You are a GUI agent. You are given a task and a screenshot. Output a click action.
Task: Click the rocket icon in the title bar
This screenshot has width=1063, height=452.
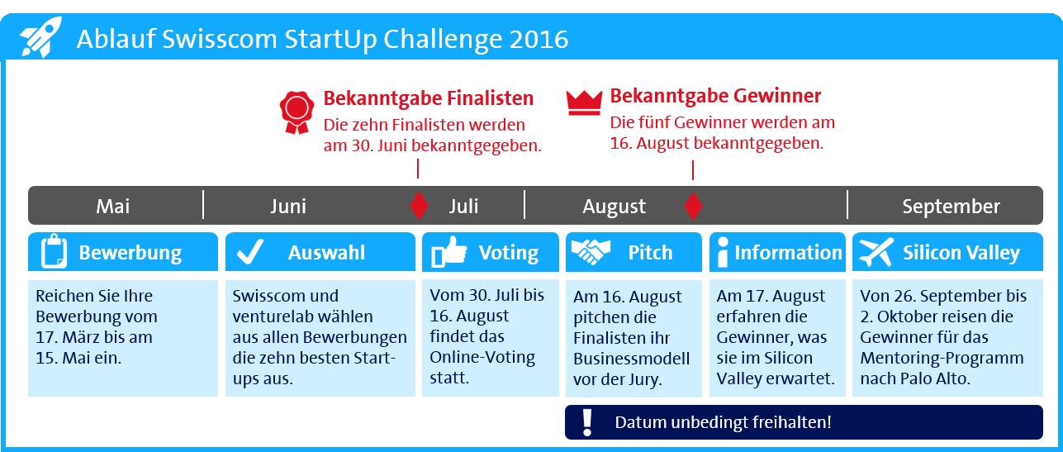pyautogui.click(x=40, y=37)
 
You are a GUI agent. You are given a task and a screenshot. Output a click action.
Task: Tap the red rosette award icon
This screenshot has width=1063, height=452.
pyautogui.click(x=297, y=112)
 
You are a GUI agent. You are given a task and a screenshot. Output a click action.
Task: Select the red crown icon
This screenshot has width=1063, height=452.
pyautogui.click(x=584, y=102)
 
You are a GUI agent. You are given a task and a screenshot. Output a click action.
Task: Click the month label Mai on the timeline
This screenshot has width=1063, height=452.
pyautogui.click(x=113, y=206)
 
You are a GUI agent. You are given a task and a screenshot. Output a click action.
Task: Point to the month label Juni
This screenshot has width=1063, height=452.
pyautogui.click(x=288, y=206)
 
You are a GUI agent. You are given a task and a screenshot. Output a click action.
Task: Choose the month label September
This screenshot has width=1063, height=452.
pyautogui.click(x=951, y=207)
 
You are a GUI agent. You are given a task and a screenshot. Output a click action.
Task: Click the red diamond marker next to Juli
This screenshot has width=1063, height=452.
pyautogui.click(x=419, y=206)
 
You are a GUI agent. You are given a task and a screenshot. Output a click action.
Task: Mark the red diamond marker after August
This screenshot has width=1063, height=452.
pyautogui.click(x=693, y=206)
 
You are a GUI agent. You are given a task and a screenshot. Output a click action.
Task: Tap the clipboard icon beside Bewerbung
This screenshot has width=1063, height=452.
pyautogui.click(x=54, y=251)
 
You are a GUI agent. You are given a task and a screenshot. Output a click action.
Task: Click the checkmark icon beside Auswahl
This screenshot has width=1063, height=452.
pyautogui.click(x=249, y=252)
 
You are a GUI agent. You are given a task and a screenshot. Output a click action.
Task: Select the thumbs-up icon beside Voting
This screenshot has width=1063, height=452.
pyautogui.click(x=448, y=252)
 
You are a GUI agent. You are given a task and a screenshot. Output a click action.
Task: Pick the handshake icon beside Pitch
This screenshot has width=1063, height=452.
pyautogui.click(x=591, y=251)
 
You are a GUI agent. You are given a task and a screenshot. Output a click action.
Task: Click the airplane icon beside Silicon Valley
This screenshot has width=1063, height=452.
pyautogui.click(x=876, y=252)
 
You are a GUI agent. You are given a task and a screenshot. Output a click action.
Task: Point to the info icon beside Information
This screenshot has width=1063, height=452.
pyautogui.click(x=723, y=252)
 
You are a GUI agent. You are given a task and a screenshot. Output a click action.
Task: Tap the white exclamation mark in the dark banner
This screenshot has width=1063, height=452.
pyautogui.click(x=587, y=422)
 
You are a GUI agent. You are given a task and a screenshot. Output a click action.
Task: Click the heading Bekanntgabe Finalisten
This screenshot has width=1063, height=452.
pyautogui.click(x=429, y=98)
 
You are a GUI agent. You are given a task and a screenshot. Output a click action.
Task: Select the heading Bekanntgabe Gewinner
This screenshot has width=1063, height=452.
pyautogui.click(x=715, y=96)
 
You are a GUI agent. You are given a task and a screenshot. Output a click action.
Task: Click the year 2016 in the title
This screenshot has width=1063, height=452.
pyautogui.click(x=539, y=39)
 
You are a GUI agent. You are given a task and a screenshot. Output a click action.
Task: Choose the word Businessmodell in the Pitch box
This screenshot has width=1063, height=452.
pyautogui.click(x=631, y=359)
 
